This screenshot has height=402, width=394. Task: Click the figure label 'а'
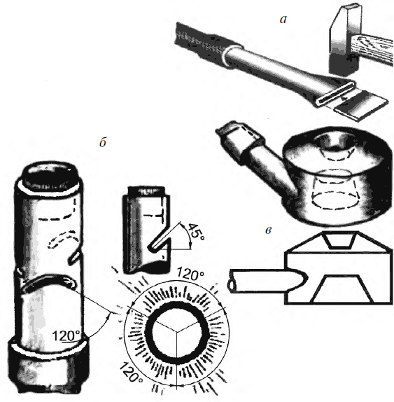(x=283, y=20)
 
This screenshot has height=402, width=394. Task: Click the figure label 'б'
(x=103, y=142)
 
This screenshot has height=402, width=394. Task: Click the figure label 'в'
(x=268, y=230)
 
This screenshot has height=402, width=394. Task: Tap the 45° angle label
(x=196, y=233)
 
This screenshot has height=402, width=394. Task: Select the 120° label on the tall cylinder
(x=66, y=335)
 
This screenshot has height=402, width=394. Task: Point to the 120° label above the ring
(x=190, y=275)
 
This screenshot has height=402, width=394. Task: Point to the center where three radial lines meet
(x=177, y=333)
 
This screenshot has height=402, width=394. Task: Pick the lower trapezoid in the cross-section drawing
(x=342, y=289)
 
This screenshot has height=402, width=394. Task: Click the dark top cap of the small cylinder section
(x=146, y=190)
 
